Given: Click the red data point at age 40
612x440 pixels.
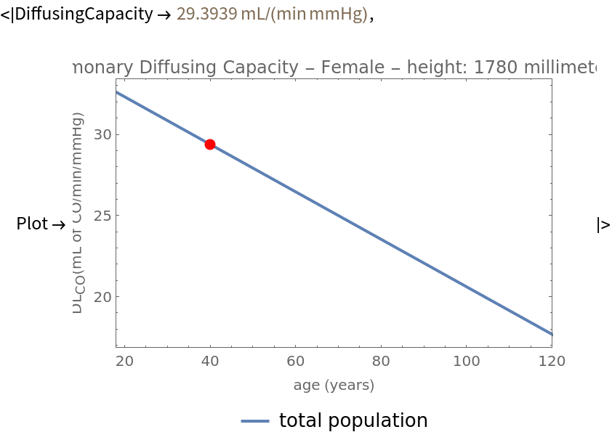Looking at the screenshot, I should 210,144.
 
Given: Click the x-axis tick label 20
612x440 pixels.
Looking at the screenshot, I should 124,361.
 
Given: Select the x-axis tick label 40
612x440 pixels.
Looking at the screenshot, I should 210,361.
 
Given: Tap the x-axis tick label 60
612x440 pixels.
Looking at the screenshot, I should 295,361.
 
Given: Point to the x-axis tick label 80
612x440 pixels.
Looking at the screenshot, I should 381,361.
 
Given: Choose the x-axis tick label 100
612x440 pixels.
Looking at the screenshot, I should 466,361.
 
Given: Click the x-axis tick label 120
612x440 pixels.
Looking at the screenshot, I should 552,361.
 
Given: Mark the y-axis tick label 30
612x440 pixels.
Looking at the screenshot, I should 102,134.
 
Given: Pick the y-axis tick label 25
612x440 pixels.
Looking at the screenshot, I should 102,216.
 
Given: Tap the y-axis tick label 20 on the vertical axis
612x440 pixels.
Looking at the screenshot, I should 102,297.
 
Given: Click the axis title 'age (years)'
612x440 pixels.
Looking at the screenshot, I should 334,385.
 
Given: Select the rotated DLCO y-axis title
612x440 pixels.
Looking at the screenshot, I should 78,213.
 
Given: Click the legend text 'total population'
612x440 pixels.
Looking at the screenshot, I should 353,420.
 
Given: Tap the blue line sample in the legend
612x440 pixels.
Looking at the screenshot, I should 255,421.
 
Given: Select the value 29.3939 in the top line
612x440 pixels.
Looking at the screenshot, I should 203,14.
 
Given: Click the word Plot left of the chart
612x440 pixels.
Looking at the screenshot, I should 32,224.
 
